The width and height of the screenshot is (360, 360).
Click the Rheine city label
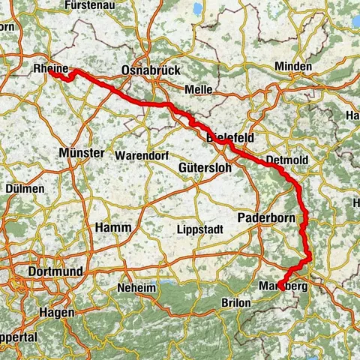pos(51,69)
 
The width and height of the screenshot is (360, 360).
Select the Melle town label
pos(199,89)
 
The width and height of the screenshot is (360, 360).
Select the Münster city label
pos(80,152)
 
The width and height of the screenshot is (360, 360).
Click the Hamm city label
pos(113,226)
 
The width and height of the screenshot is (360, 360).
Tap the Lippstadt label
pos(199,229)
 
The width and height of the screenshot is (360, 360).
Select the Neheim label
pos(136,289)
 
